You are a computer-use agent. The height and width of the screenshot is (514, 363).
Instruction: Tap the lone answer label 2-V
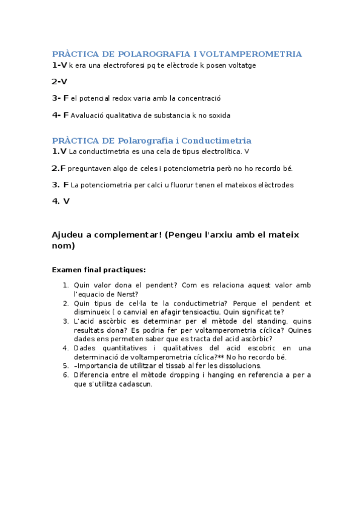click(x=59, y=81)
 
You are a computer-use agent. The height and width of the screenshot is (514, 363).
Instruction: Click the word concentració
click(x=199, y=98)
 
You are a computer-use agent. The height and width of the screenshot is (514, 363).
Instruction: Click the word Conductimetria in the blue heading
click(x=216, y=141)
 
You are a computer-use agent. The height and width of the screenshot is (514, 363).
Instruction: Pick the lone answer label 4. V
click(x=61, y=201)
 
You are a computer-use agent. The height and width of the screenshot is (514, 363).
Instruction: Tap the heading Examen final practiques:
click(x=99, y=269)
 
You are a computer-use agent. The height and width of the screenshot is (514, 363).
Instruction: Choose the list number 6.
click(x=65, y=375)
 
